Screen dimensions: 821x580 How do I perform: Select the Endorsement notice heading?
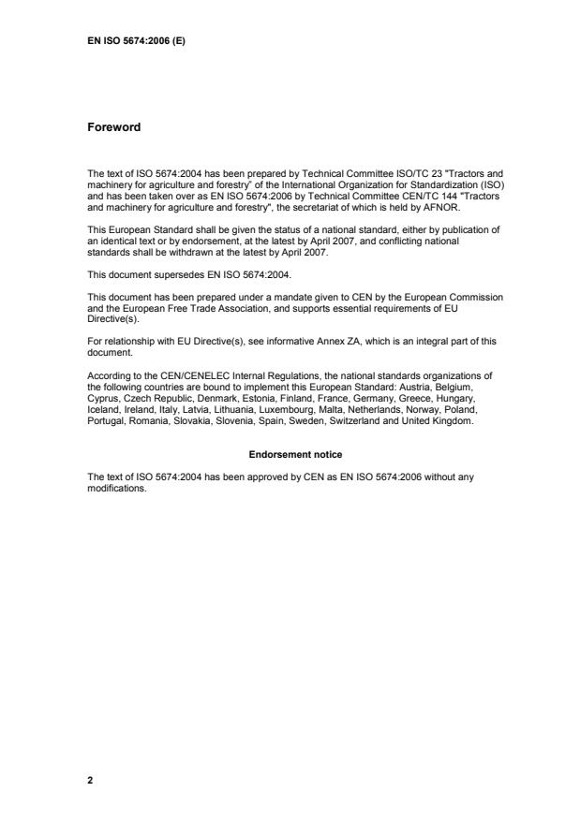point(295,455)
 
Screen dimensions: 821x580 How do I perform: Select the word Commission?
point(475,298)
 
